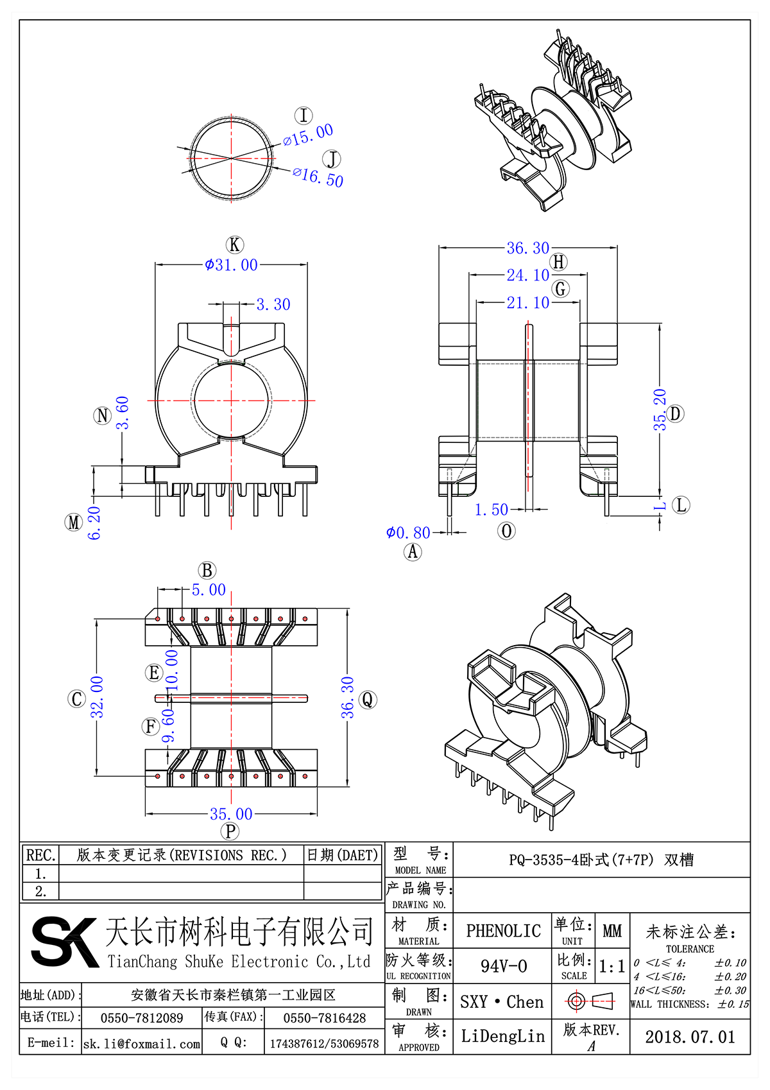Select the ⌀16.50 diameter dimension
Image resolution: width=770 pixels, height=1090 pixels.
319,176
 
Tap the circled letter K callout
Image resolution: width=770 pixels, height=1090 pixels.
235,245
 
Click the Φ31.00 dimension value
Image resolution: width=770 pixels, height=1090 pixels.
231,265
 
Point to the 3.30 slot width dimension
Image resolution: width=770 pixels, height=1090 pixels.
273,304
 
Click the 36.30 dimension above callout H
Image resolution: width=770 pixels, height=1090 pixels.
527,248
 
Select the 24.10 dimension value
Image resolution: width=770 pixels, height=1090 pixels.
527,275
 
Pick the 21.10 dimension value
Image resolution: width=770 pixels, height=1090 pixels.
527,302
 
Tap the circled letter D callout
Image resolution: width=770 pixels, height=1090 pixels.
676,413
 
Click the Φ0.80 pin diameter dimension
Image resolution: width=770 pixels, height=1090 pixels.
408,533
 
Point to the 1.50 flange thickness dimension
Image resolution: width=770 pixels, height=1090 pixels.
491,510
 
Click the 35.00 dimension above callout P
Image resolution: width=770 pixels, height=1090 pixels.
231,814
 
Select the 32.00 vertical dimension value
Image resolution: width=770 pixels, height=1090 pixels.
97,696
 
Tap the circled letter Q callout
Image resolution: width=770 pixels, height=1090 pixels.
368,699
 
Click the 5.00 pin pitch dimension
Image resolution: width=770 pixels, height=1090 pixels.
209,590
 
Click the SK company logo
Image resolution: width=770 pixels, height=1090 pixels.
64,941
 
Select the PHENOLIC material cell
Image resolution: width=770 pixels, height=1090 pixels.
503,931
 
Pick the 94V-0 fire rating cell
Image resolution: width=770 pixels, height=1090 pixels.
503,966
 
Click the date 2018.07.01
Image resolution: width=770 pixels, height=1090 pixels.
690,1037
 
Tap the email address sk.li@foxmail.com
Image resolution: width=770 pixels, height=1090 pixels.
142,1044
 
